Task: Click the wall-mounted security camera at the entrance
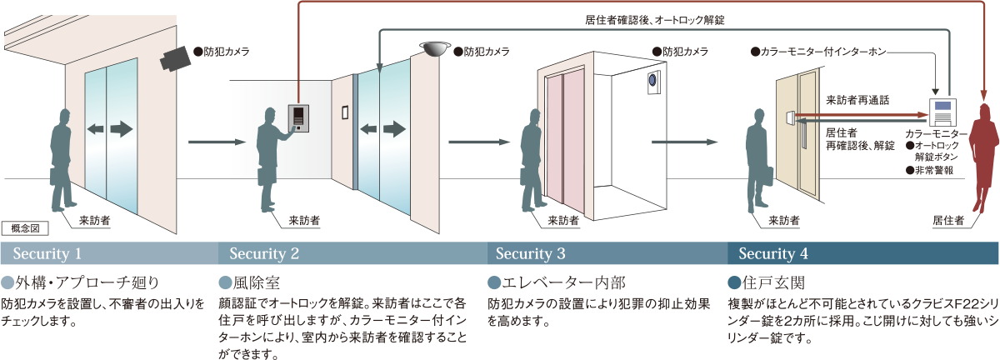click(x=176, y=58)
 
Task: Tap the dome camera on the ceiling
click(x=435, y=48)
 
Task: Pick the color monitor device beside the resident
click(x=942, y=112)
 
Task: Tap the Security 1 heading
click(x=47, y=253)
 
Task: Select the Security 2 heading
click(x=264, y=253)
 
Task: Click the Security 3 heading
click(x=530, y=253)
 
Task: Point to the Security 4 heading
click(x=773, y=253)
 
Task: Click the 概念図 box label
click(x=25, y=228)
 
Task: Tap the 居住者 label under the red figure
click(x=948, y=220)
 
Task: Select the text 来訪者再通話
click(x=857, y=100)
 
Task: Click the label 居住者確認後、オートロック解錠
click(x=654, y=20)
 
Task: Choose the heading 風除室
click(x=257, y=282)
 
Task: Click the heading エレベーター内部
click(x=563, y=282)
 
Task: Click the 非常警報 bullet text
click(x=933, y=170)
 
